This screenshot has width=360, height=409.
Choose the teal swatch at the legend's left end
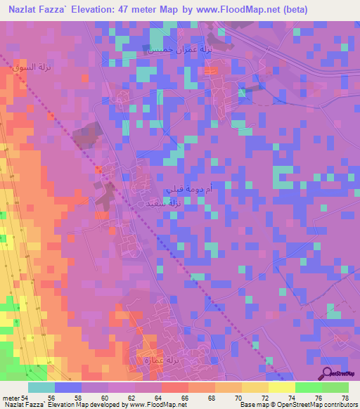pos(41,387)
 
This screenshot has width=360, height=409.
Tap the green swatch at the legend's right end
pos(335,387)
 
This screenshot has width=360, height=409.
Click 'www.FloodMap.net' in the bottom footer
pos(159,405)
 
